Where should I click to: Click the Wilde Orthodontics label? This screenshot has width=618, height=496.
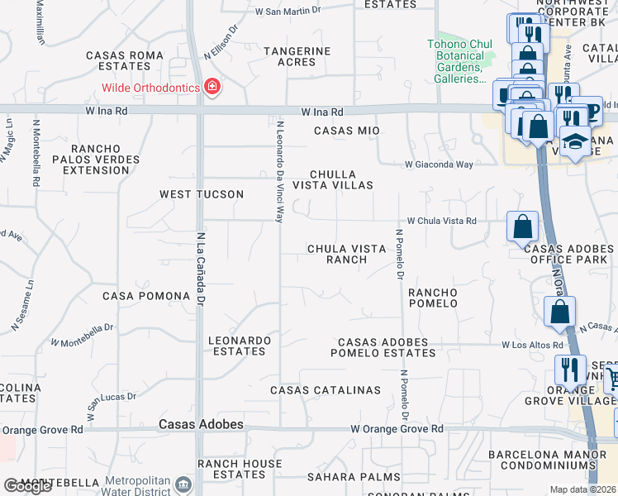[150, 88]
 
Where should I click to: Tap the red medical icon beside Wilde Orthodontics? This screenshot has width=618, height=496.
[212, 88]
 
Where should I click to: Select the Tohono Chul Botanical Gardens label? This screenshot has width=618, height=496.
[459, 62]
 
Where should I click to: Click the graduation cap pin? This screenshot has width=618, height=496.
[575, 143]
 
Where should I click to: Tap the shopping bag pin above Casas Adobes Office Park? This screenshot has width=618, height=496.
[523, 227]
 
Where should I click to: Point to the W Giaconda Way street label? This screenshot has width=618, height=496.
[439, 165]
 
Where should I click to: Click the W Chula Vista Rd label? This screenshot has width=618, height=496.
[442, 221]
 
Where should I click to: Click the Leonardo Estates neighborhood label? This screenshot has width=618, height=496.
[240, 346]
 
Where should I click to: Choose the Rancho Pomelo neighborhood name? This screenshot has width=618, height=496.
[433, 298]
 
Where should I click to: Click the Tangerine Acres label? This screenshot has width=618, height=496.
[297, 56]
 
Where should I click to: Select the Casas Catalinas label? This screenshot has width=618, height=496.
[326, 390]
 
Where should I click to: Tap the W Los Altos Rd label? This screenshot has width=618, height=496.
[532, 345]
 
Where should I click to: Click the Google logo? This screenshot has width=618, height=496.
[28, 486]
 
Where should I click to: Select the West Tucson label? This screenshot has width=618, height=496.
[202, 194]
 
